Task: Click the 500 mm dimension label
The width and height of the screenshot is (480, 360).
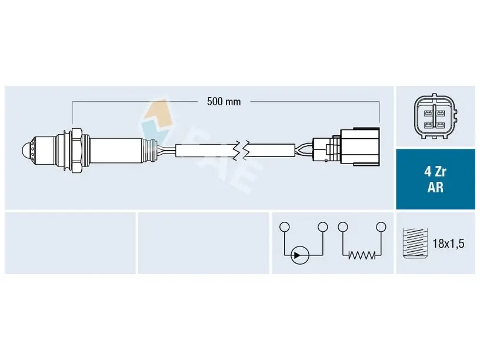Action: coord(224,102)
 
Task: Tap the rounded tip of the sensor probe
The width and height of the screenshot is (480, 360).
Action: coord(27,151)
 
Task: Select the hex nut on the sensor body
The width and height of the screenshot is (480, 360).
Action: coord(76,150)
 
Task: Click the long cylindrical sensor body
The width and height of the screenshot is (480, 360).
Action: coord(116,150)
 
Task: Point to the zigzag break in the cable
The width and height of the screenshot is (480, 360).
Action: coord(241,151)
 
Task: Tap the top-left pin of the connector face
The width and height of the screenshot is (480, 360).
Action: coord(428,114)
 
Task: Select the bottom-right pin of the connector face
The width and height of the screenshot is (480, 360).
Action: coord(441,125)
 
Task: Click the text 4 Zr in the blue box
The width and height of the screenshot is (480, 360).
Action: coord(435,172)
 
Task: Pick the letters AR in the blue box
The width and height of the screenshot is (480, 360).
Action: coord(435,187)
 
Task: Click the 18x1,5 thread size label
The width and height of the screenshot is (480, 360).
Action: coord(448,244)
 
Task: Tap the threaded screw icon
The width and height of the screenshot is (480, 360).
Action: coord(415,244)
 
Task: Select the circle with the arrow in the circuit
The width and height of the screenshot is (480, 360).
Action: coord(299,255)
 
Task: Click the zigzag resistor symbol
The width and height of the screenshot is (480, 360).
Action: coord(362,255)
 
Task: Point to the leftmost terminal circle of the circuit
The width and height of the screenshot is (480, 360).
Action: coord(284,227)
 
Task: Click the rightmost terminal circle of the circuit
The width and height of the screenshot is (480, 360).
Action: coord(381,227)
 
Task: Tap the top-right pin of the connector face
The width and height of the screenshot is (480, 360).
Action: coord(441,114)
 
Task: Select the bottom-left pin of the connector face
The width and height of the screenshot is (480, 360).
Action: coord(428,125)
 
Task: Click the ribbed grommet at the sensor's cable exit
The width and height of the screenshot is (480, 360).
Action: coord(151,150)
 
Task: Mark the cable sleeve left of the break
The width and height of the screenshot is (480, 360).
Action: coord(205,151)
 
